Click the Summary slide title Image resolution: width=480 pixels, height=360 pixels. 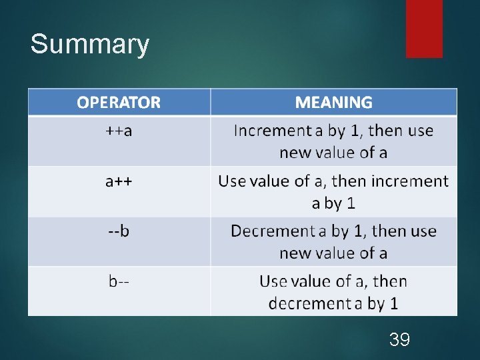(90, 45)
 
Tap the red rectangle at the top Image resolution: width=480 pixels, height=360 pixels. (424, 28)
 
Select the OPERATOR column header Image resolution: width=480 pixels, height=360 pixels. (119, 103)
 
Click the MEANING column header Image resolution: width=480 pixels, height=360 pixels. (333, 103)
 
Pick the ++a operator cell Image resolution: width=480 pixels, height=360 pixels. (119, 131)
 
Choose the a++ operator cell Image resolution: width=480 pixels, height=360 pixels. (119, 181)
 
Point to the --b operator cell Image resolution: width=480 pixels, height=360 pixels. (119, 231)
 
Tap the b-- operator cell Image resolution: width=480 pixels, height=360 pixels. (119, 281)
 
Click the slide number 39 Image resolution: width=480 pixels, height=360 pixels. (399, 340)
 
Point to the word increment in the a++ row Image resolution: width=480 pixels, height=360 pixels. (409, 181)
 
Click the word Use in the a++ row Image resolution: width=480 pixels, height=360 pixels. (232, 181)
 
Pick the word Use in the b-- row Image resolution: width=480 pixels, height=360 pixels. (273, 281)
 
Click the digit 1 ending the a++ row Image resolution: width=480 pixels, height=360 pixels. (351, 203)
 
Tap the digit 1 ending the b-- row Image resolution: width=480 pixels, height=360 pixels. (393, 303)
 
